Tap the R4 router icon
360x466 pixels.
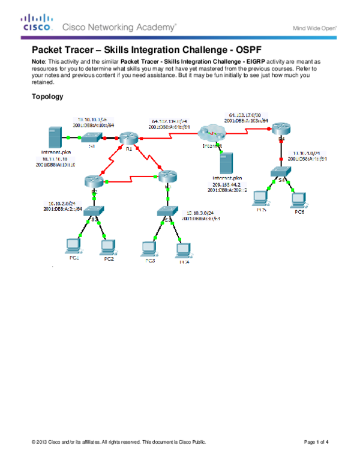coord(280,128)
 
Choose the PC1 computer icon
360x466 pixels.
coord(73,246)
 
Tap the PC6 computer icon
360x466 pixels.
coord(298,199)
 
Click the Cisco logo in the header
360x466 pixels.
coord(38,23)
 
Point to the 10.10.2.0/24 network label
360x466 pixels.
coord(59,204)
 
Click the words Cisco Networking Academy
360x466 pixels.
coord(119,27)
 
